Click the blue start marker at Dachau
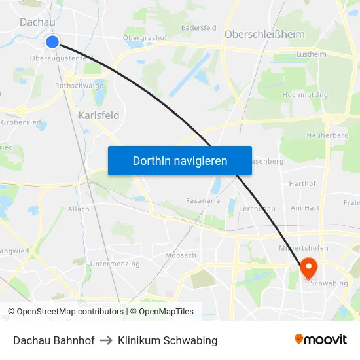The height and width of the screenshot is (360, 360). tap(52, 42)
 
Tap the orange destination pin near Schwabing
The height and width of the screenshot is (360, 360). tap(308, 266)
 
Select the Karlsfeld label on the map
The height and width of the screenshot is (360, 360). tap(99, 115)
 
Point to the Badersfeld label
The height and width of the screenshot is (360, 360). tap(198, 28)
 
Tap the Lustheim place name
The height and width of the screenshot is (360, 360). tap(312, 56)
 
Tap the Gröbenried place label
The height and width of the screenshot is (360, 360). tap(21, 122)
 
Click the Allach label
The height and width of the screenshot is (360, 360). tap(79, 209)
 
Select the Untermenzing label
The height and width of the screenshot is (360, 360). tap(115, 264)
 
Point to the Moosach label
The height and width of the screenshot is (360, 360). tap(181, 255)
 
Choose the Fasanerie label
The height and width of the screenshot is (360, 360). tap(203, 201)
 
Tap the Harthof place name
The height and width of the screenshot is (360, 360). tap(302, 184)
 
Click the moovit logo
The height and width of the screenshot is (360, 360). tap(321, 340)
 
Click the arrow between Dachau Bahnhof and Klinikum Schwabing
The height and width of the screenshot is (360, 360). tap(107, 340)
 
